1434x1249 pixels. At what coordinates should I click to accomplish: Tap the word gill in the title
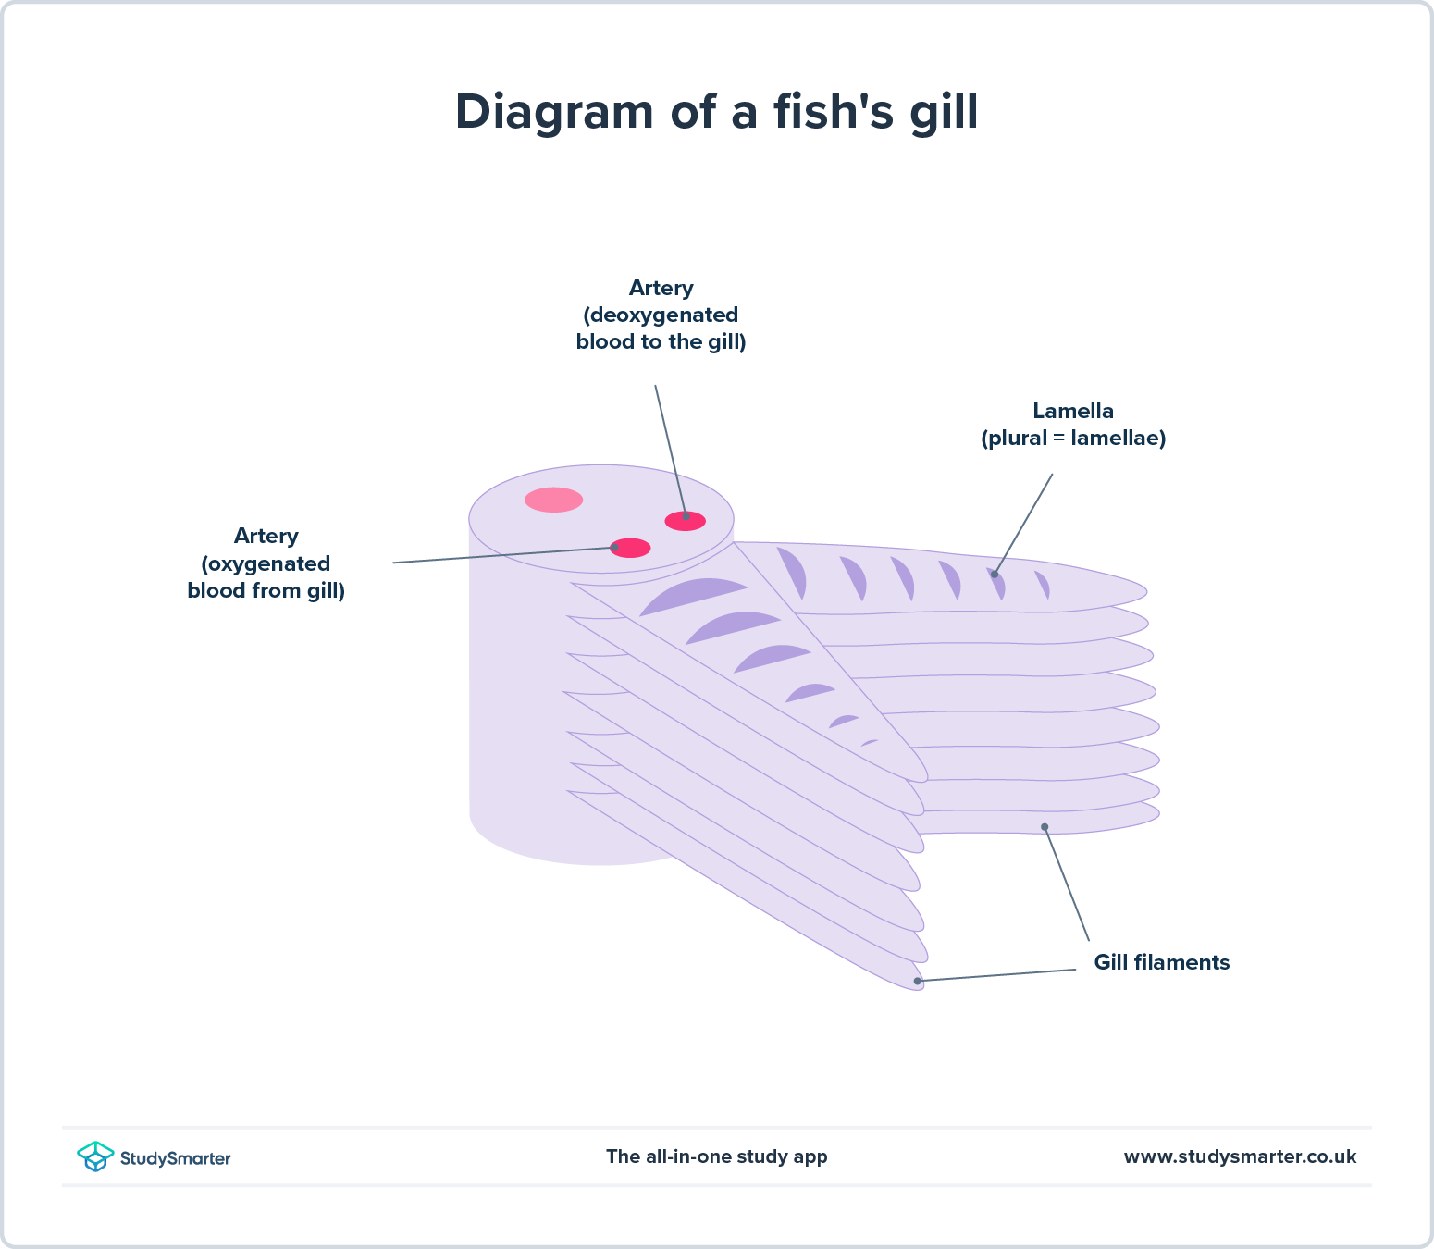[943, 113]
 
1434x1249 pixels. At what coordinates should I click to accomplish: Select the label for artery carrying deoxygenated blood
[661, 315]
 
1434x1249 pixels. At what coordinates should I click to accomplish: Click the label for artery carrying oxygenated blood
[266, 563]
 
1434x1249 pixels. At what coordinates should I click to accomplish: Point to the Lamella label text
[1073, 411]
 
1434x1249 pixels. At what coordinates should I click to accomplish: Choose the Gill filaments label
[1161, 962]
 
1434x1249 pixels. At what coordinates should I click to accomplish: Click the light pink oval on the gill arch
[553, 500]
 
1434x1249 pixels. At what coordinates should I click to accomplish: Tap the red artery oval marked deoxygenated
[686, 521]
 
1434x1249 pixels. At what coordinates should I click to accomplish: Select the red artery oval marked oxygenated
[630, 548]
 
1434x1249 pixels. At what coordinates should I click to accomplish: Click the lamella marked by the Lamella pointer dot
[997, 583]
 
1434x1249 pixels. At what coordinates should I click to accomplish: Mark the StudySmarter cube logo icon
[95, 1156]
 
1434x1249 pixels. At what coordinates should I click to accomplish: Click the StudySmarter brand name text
[175, 1157]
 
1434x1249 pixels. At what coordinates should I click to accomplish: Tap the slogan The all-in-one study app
[716, 1156]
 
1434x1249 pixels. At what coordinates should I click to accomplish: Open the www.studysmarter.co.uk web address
[1240, 1156]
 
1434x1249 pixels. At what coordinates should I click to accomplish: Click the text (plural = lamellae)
[1073, 438]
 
